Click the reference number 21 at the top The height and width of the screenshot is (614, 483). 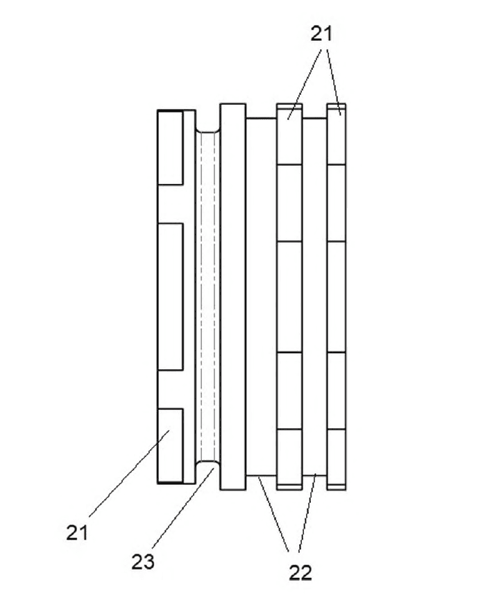321,34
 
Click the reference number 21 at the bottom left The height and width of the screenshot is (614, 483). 77,533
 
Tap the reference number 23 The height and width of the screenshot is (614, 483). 142,562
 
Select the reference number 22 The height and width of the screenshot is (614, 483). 300,573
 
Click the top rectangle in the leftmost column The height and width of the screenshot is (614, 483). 171,148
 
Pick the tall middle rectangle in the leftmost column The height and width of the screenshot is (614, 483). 171,296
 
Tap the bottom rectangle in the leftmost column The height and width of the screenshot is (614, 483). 171,445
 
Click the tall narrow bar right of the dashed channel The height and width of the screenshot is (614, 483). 233,296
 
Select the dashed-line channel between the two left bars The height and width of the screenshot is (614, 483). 207,296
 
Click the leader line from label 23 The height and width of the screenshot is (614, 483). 183,507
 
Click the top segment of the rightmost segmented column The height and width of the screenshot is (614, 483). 337,134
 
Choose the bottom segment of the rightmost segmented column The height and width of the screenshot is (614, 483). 337,459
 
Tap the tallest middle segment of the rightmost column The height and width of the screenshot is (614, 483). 337,297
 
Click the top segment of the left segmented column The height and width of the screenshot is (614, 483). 289,134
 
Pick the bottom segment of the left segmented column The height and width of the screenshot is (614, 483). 289,459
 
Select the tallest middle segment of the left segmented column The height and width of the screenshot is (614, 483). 289,297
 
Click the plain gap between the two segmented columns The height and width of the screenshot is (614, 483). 314,296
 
